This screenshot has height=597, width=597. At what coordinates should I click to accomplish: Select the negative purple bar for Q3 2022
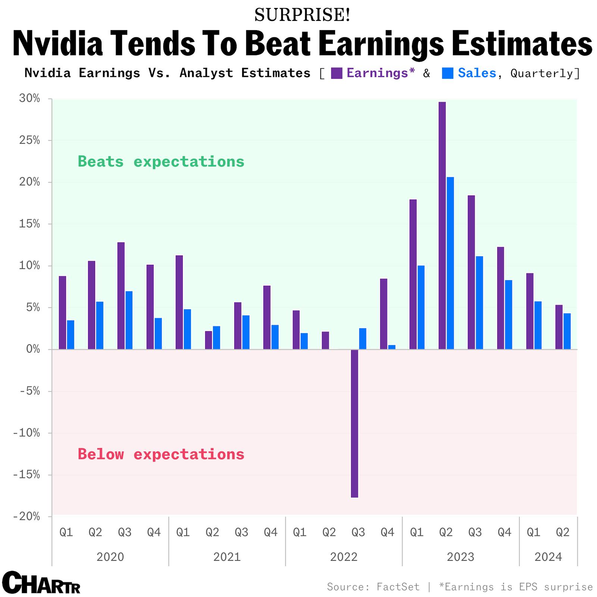tap(354, 423)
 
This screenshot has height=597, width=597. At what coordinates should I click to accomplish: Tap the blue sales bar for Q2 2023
tap(450, 263)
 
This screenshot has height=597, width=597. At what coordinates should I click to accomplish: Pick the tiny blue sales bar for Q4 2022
tap(392, 347)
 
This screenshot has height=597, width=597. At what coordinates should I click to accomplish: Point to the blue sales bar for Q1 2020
tap(71, 335)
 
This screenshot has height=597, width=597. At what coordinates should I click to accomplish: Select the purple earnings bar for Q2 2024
tap(559, 327)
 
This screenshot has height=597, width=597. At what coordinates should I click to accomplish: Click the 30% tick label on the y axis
tap(29, 99)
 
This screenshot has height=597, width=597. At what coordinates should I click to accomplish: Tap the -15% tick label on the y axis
tap(26, 475)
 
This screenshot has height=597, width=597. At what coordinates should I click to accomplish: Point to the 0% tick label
tap(33, 349)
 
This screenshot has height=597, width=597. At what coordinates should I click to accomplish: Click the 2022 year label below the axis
tap(344, 557)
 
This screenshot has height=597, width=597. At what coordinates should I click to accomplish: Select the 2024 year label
tap(548, 557)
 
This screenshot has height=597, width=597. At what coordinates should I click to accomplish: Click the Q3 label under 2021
tap(241, 532)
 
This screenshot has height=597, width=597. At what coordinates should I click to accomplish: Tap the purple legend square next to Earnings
tap(337, 73)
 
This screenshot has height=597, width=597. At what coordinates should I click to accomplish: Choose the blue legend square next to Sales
tap(447, 73)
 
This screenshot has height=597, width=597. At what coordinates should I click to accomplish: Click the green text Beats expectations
tap(161, 162)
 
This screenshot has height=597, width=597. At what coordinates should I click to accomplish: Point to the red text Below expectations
tap(161, 454)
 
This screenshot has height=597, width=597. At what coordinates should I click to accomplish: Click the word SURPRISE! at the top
tap(302, 15)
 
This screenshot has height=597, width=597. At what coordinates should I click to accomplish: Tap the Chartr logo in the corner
tap(41, 582)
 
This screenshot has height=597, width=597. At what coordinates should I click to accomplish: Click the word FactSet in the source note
tap(398, 587)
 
